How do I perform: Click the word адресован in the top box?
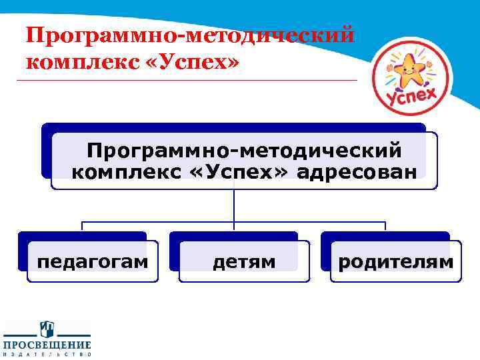pos(357,172)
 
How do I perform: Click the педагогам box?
pos(92,262)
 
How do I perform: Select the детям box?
pos(244,262)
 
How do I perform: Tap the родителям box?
pos(395,262)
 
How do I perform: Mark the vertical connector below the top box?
pos(235,205)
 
